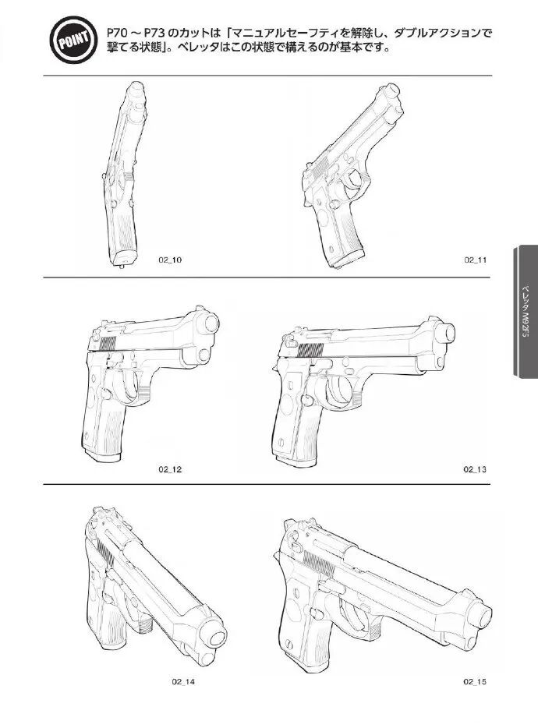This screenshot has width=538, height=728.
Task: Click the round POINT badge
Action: tap(73, 40)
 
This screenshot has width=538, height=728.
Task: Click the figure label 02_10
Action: tap(170, 260)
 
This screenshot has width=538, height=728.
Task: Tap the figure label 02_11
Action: tap(475, 260)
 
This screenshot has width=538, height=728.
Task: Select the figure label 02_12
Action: tap(170, 469)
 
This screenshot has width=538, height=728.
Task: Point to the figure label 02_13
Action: tap(475, 469)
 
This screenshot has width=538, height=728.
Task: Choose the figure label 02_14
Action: tap(183, 682)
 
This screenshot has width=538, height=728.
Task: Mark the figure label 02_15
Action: tap(475, 682)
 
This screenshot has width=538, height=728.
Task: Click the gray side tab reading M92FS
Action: tap(526, 311)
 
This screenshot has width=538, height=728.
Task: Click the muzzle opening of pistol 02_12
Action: tap(211, 323)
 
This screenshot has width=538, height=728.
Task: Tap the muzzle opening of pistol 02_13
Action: tap(448, 332)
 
